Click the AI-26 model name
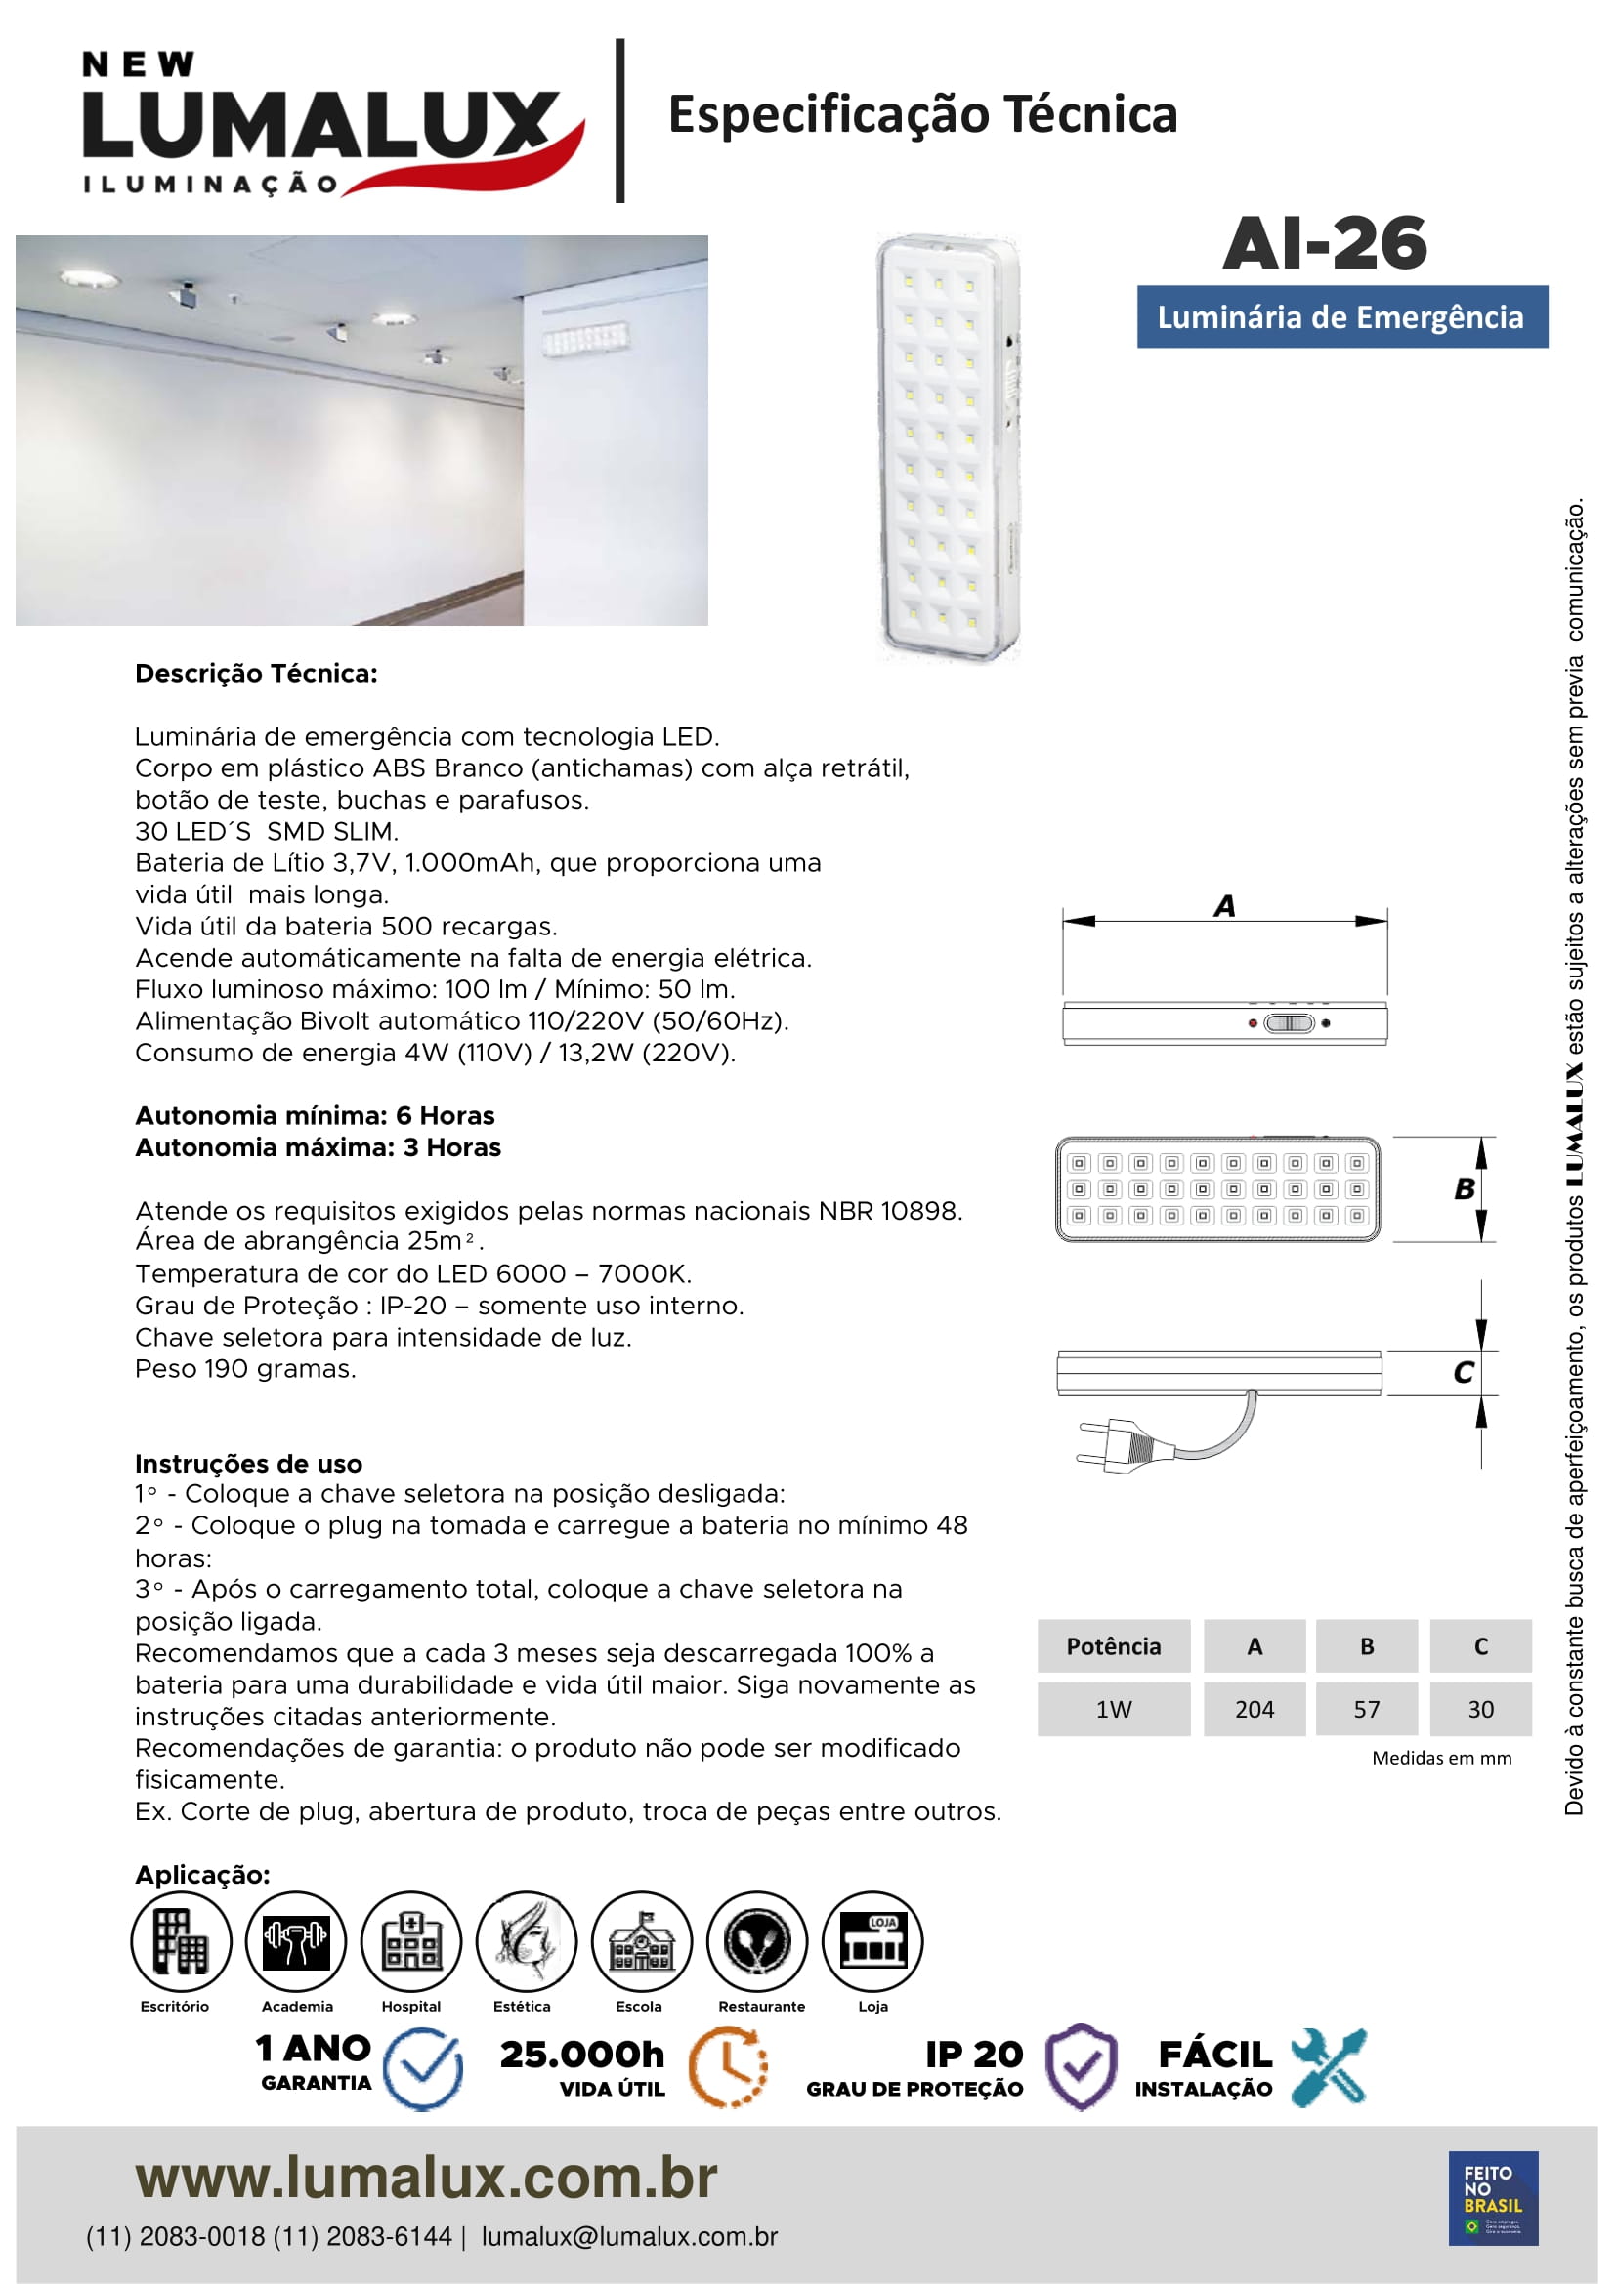1325,244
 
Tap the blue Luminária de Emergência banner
1341,317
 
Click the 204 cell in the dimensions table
1254,1709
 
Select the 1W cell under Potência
1114,1709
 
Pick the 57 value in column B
1366,1709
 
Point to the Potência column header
1114,1646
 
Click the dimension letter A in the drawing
1225,906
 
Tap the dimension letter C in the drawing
1464,1373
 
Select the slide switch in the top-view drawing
1289,1022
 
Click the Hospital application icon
411,1942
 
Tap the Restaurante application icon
757,1942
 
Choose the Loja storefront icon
872,1942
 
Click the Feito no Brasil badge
1493,2198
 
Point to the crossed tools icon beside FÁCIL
1330,2068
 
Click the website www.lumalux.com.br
426,2178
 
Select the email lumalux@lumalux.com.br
629,2236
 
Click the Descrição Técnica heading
257,674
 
